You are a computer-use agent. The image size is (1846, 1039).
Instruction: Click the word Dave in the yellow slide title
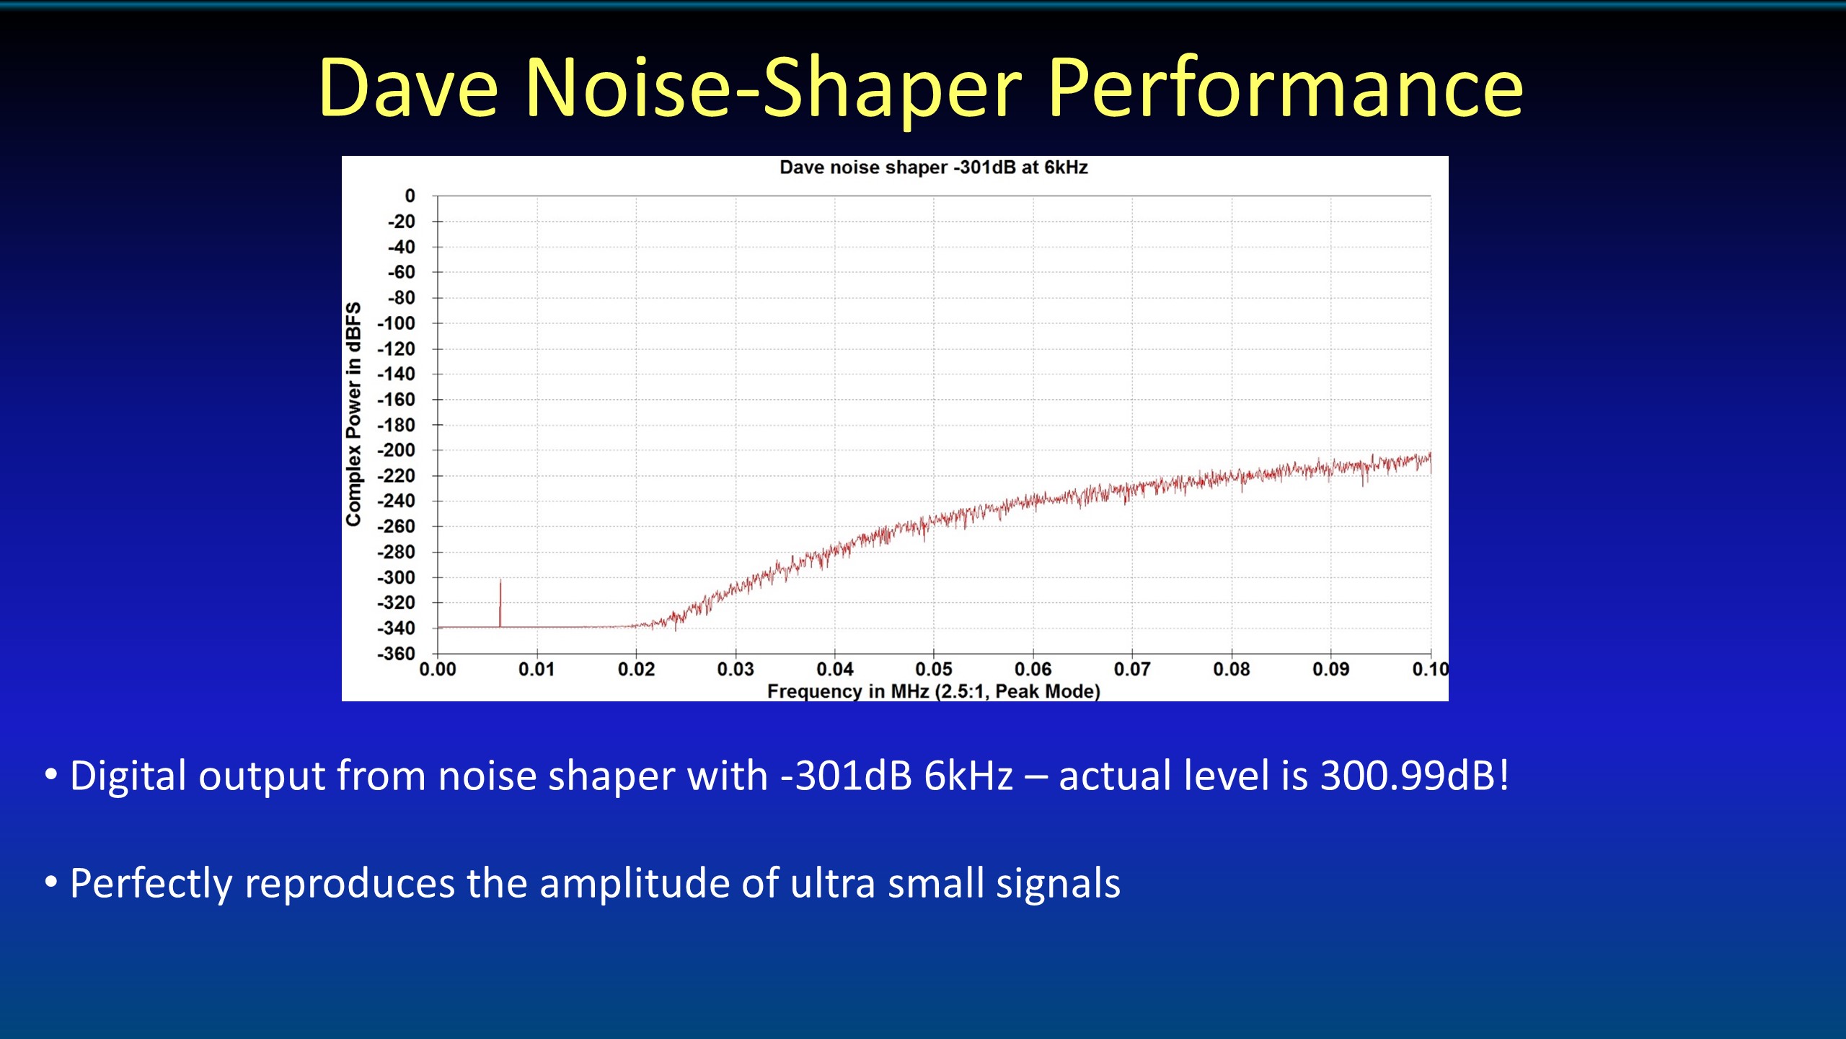(x=408, y=88)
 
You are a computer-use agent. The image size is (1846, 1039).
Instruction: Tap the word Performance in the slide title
(x=1285, y=88)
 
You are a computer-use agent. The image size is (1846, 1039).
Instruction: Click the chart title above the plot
(x=933, y=167)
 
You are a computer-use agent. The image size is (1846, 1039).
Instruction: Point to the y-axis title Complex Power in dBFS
(x=353, y=414)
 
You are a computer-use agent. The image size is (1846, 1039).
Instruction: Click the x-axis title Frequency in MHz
(x=933, y=691)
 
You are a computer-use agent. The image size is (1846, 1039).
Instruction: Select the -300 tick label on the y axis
(x=397, y=577)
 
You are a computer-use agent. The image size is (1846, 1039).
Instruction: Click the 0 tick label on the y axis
(x=410, y=196)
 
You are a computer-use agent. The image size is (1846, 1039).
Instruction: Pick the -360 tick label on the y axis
(x=397, y=654)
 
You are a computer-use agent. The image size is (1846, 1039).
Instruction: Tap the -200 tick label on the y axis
(x=397, y=450)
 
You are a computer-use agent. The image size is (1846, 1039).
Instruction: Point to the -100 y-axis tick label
(x=397, y=323)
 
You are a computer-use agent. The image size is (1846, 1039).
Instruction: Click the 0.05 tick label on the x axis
(x=934, y=670)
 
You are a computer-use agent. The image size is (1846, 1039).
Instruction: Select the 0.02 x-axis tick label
(x=636, y=670)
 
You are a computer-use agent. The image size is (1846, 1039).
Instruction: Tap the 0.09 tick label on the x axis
(x=1331, y=670)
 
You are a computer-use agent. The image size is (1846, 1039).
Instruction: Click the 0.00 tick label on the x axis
(x=438, y=670)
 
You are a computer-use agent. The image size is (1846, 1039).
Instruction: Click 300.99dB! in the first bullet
(x=1414, y=776)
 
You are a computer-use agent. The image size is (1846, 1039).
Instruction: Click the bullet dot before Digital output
(x=50, y=775)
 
